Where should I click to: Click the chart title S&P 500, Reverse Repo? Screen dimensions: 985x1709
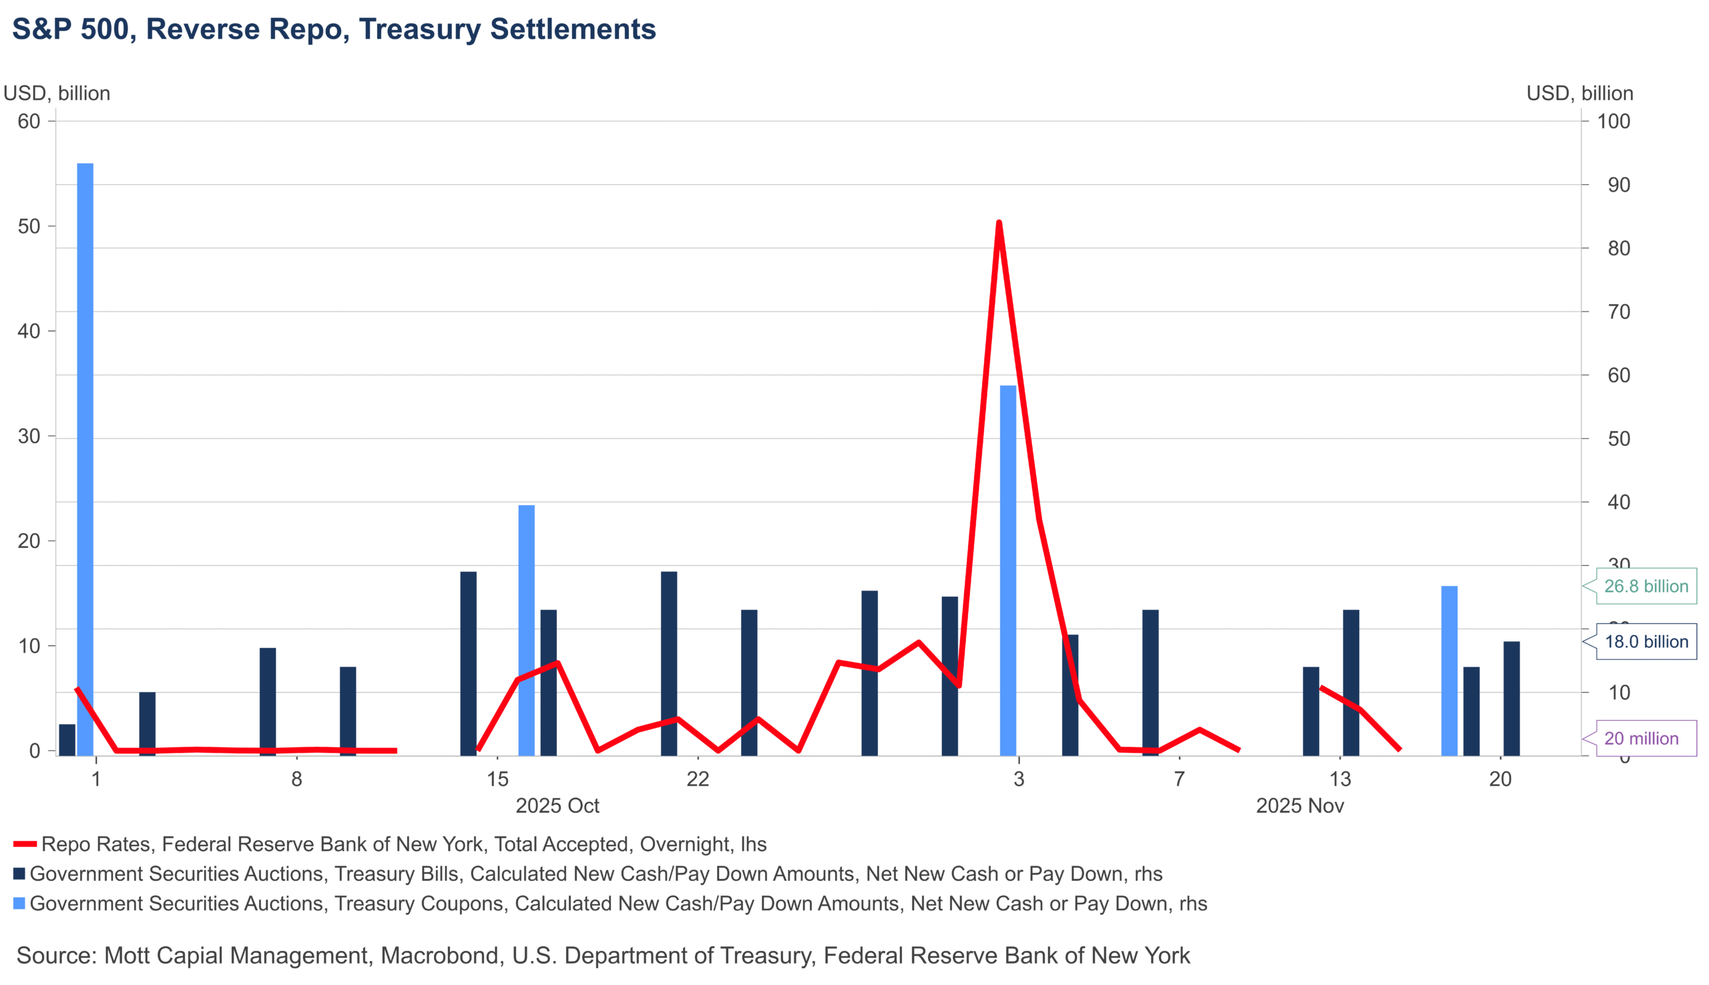tap(334, 29)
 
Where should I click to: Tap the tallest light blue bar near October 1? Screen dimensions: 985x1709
tap(85, 460)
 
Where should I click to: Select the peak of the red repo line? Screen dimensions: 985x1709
tap(999, 223)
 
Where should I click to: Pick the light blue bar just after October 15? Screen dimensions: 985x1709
tap(526, 630)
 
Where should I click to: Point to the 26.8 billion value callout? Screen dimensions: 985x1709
tap(1646, 586)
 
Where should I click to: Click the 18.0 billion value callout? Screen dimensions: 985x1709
tap(1646, 641)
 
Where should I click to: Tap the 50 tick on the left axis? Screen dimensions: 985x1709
tap(29, 226)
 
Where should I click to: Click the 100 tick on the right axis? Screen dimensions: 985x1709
tap(1614, 121)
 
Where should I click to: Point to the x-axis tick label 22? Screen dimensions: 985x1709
tap(698, 779)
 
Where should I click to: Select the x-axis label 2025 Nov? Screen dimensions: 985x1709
tap(1299, 805)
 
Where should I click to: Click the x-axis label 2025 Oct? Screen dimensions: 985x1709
tap(557, 805)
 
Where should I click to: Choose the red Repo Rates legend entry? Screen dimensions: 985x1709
tap(403, 844)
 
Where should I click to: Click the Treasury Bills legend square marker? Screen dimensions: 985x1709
tap(19, 874)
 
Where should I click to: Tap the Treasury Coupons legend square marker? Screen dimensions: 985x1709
tap(19, 903)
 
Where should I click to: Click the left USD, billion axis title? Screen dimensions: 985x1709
tap(57, 93)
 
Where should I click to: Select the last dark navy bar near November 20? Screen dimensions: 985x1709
tap(1511, 698)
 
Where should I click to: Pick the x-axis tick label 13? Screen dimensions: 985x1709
tap(1340, 779)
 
